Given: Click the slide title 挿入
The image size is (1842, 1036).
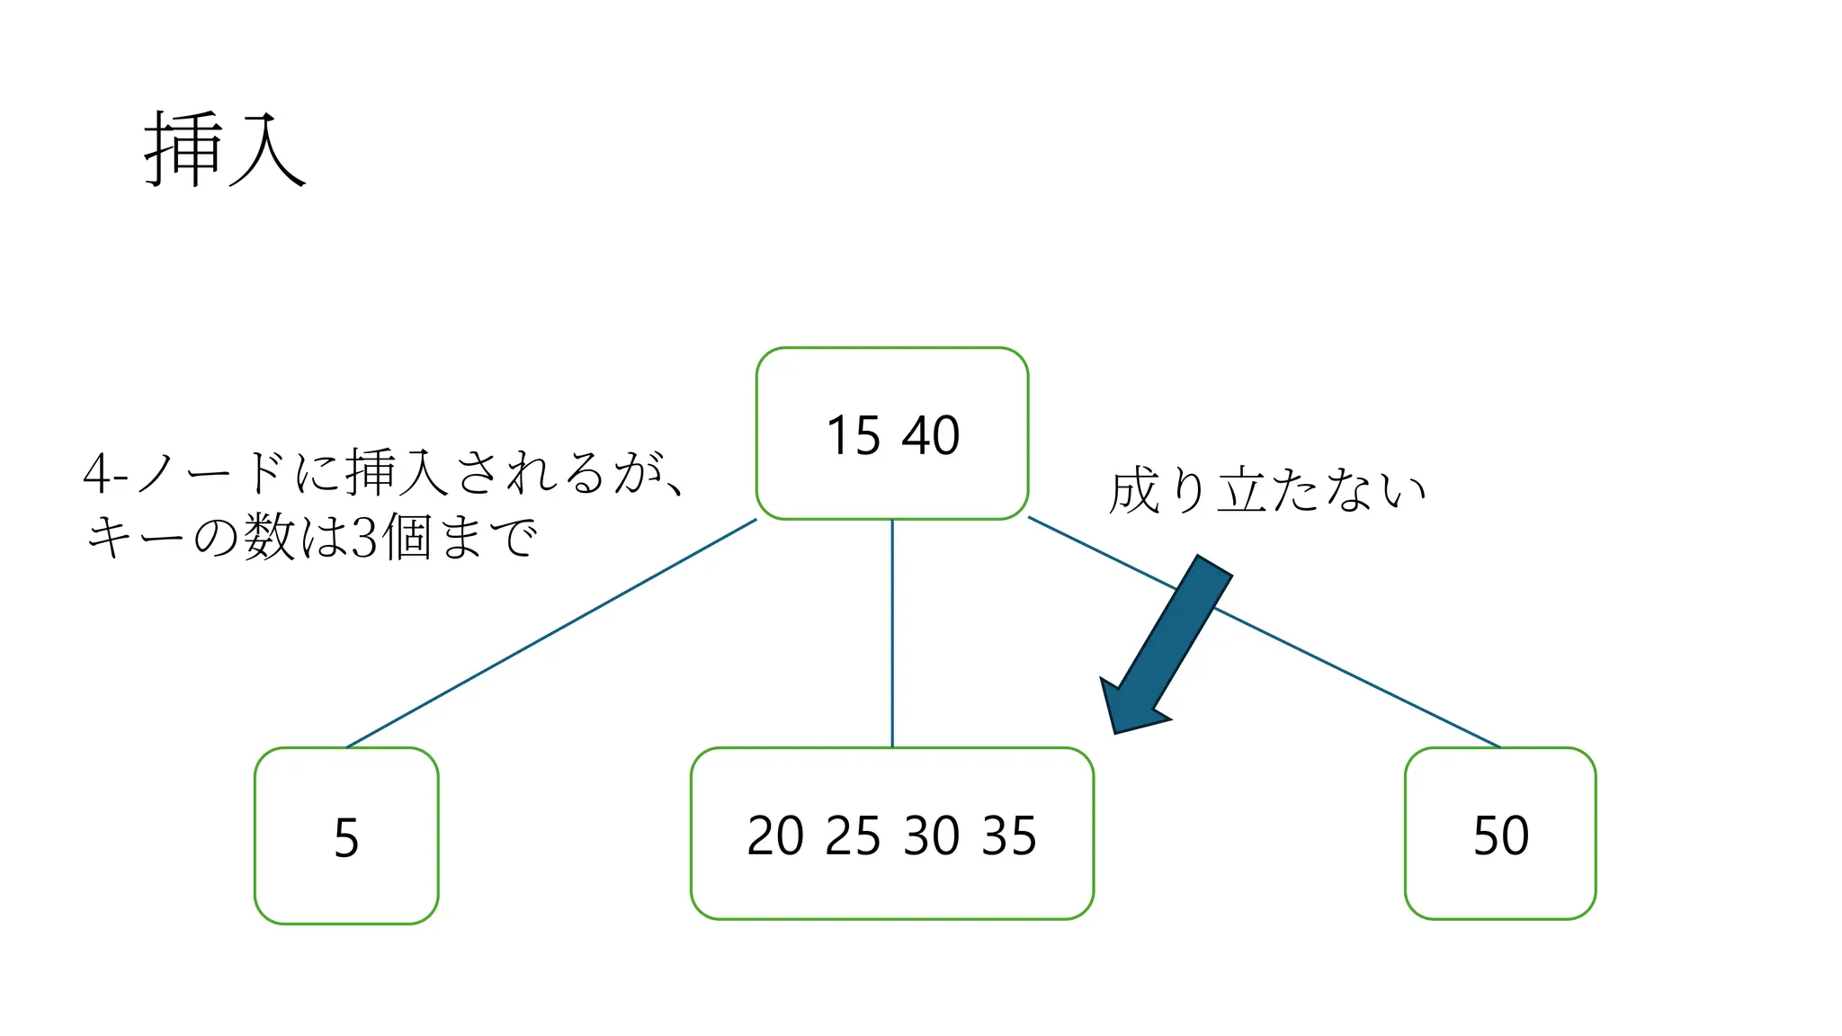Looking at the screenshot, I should coord(225,149).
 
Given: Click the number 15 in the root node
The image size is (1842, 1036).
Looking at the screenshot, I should coord(853,436).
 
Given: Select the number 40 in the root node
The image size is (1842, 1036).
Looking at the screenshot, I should coord(931,436).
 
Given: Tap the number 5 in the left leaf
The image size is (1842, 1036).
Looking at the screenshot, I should coord(346,838).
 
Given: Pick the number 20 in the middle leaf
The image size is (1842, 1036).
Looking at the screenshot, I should coord(775,836).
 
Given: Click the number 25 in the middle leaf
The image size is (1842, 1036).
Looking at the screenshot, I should coord(853,836).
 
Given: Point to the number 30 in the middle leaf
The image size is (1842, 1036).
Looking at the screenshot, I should coord(932,836).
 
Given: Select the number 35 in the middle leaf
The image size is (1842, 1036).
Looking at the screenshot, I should coord(1009,836).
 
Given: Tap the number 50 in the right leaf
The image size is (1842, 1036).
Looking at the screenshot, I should coord(1500,836).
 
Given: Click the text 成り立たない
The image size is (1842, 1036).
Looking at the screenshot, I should coord(1266,491).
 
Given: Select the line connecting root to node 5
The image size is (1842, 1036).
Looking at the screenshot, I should coord(550,633).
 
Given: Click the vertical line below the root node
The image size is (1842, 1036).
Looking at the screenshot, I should coord(892,633).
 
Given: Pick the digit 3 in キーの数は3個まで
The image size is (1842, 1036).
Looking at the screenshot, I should coord(363,539).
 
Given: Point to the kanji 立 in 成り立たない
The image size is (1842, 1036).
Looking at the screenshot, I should coord(1243,492).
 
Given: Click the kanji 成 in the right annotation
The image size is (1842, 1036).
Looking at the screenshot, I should coord(1135,491).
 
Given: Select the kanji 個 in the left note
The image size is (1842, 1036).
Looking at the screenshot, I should coord(406,538).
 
